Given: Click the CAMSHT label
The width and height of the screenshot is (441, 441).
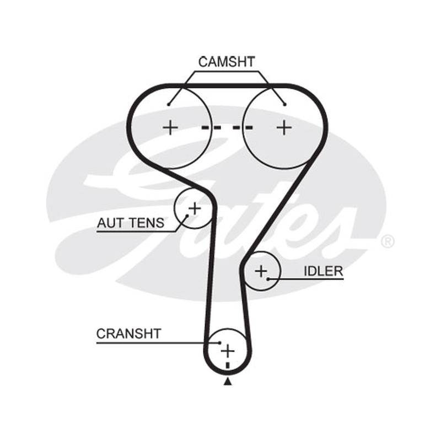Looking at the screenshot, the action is tap(227, 62).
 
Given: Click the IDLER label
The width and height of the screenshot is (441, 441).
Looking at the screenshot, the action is tap(324, 271).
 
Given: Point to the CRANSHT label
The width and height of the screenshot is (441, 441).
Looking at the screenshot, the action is tap(129, 334).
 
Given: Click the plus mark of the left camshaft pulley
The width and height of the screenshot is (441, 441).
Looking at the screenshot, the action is tap(170, 128).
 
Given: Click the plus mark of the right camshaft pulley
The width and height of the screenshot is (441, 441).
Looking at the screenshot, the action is tap(284, 128).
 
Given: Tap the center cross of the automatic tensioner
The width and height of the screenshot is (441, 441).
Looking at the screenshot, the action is tap(195, 208).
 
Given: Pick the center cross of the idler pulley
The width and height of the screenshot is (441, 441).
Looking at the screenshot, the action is tap(261, 271).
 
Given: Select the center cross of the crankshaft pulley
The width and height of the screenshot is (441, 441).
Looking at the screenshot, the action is tap(228, 351).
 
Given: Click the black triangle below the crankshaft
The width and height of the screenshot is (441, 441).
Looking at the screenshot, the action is tap(228, 381).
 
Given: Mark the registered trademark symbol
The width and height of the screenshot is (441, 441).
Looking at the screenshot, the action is tap(388, 241).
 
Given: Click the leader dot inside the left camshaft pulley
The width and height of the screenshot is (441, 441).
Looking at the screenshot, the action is tap(169, 105).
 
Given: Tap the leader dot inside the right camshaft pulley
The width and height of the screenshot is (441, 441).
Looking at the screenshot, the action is tap(284, 105).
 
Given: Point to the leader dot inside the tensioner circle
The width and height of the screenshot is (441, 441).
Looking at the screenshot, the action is tap(187, 216).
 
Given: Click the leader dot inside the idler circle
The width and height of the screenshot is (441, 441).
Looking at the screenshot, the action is tap(268, 279).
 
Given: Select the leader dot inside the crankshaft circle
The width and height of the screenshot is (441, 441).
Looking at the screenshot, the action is tap(220, 343).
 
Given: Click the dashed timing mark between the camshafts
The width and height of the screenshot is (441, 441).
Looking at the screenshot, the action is tap(227, 128).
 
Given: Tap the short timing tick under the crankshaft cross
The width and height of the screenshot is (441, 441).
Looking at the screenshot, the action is tap(228, 365).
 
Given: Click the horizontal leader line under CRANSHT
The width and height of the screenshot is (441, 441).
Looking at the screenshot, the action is tap(158, 343).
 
